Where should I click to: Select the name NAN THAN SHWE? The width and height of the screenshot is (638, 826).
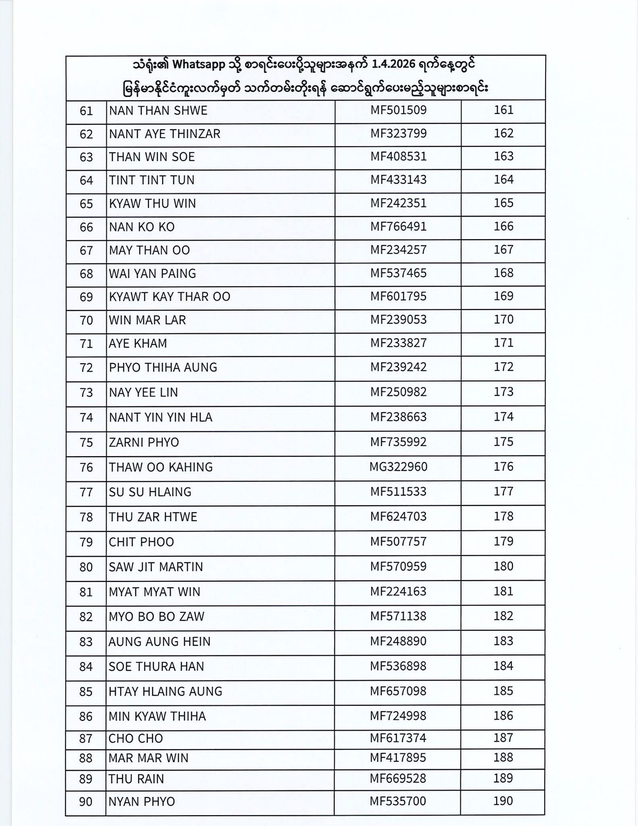click(x=158, y=111)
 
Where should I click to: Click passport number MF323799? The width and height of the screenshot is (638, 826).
click(x=398, y=133)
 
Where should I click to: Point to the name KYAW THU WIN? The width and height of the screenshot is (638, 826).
click(x=152, y=204)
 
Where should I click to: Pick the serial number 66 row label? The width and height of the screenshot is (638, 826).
click(x=87, y=227)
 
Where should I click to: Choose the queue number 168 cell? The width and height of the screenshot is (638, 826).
click(x=503, y=273)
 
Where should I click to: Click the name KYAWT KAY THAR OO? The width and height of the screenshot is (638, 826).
click(x=169, y=297)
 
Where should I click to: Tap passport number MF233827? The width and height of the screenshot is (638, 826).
click(x=398, y=343)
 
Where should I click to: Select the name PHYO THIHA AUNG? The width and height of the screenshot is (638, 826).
click(x=163, y=367)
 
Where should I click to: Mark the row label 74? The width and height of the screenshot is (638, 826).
click(x=87, y=417)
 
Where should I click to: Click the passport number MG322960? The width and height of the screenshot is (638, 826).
click(x=398, y=467)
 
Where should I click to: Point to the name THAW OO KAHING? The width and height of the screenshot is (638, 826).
click(x=160, y=467)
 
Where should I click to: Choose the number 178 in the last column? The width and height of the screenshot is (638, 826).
click(x=503, y=517)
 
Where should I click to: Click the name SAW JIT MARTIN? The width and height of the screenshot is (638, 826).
click(x=156, y=567)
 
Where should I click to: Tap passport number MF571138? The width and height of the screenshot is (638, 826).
click(x=398, y=616)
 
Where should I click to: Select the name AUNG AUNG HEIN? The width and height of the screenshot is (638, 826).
click(x=159, y=642)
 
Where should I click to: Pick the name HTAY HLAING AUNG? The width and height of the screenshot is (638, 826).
click(x=165, y=691)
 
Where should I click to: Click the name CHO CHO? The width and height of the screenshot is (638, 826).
click(x=135, y=738)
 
